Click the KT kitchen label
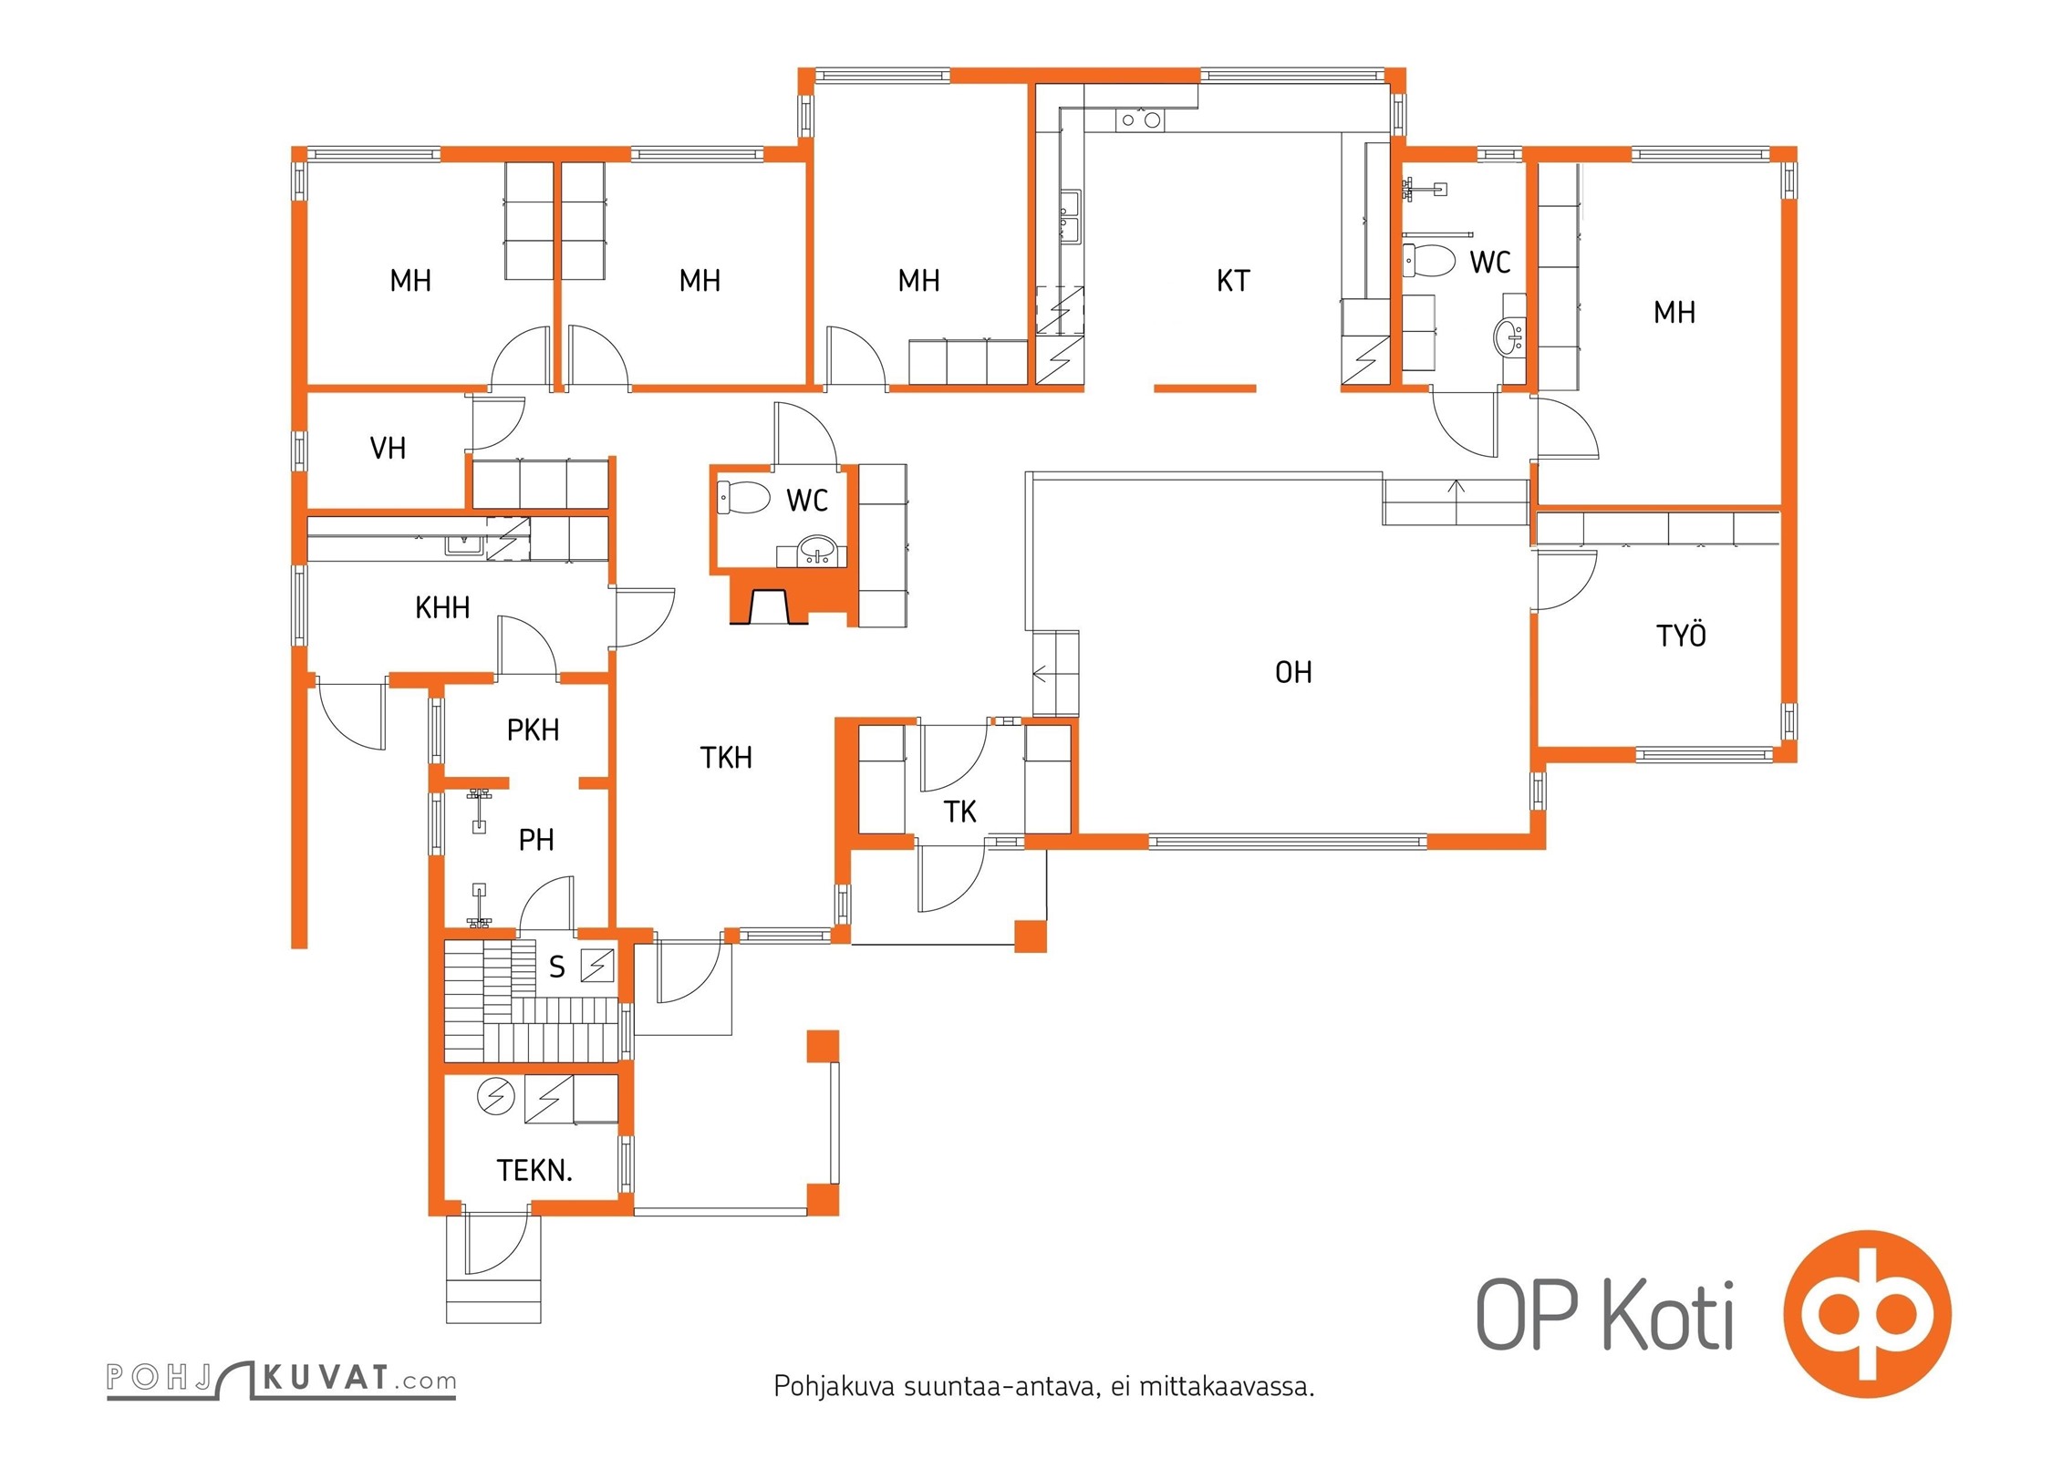(1233, 281)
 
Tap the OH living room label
(1293, 673)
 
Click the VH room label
(388, 449)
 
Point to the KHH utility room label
(442, 607)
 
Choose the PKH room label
(533, 729)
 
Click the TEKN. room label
(534, 1170)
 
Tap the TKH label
(726, 757)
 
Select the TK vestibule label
(960, 812)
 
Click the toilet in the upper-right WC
(1429, 261)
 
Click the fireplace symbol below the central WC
(770, 605)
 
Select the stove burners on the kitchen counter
(1140, 119)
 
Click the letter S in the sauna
(557, 967)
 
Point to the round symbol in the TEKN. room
(496, 1096)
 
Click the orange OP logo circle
(1868, 1314)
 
